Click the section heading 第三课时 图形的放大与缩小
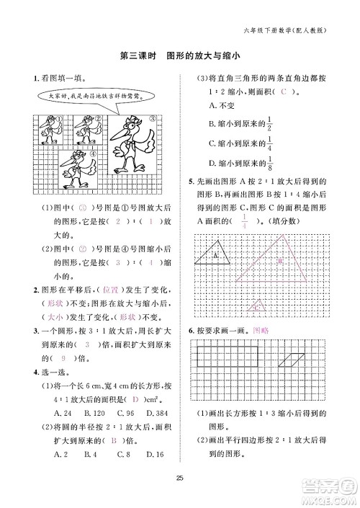tap(179, 55)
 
